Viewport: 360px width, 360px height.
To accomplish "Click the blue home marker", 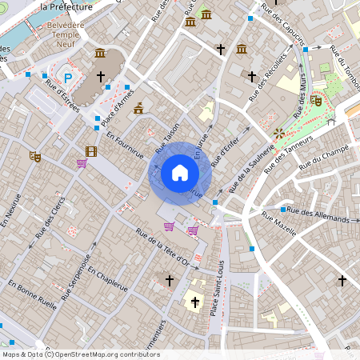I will pyautogui.click(x=180, y=172).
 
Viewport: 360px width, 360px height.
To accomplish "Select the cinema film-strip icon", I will pyautogui.click(x=91, y=151).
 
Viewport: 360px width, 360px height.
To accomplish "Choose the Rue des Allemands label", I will pyautogui.click(x=318, y=214).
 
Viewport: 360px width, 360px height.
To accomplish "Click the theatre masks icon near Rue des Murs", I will pyautogui.click(x=317, y=101).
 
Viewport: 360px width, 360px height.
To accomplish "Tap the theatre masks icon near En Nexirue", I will pyautogui.click(x=34, y=157).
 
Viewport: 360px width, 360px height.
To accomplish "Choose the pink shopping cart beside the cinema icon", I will pyautogui.click(x=82, y=163).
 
